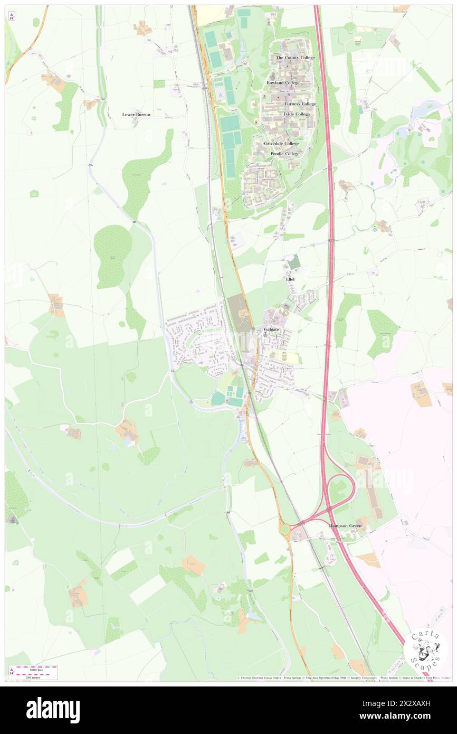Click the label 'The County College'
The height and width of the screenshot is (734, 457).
point(295,58)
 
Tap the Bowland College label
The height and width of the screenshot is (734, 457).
point(283,83)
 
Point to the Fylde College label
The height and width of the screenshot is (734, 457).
point(296,114)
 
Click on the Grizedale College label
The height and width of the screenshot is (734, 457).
point(281,144)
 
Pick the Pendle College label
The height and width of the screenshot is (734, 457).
point(285,154)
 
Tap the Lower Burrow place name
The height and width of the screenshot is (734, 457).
point(136,115)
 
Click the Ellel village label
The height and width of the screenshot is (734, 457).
point(290,279)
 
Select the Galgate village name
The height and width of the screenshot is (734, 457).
point(271,330)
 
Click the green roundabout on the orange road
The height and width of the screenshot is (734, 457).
point(285,529)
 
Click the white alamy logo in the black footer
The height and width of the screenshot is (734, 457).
point(53,710)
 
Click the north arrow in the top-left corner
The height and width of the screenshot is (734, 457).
point(12,16)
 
